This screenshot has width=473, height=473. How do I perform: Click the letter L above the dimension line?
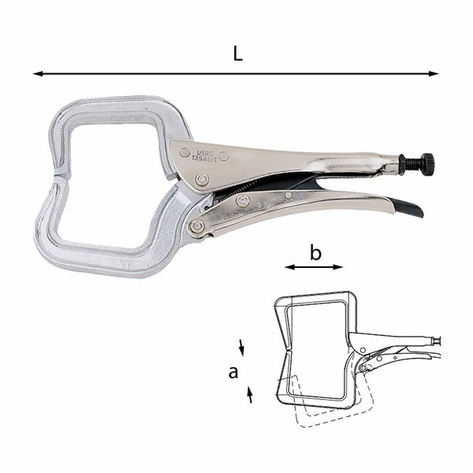pyautogui.click(x=237, y=54)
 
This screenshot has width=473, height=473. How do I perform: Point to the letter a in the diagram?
pyautogui.click(x=233, y=371)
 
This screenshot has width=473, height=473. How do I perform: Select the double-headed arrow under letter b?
pyautogui.click(x=314, y=268)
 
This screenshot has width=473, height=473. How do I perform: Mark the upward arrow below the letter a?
pyautogui.click(x=251, y=395)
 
